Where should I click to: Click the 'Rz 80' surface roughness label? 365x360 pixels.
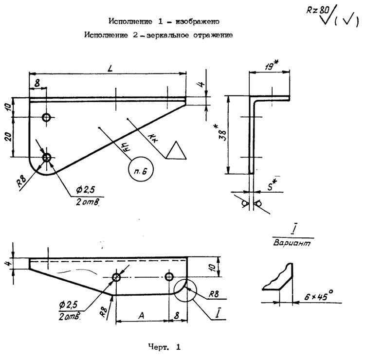click(318, 10)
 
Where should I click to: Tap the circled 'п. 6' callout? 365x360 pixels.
click(140, 169)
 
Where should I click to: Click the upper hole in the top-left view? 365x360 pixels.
click(47, 117)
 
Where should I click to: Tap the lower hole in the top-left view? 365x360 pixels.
click(47, 157)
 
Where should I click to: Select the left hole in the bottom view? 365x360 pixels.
click(116, 277)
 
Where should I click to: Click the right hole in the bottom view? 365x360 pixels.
click(169, 277)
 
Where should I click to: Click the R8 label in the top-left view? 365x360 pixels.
click(21, 182)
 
